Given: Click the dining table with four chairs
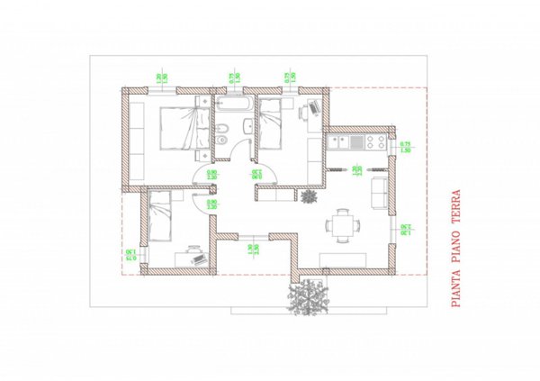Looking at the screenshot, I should coord(341,223).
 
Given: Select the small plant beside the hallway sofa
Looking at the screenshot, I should coord(310,195).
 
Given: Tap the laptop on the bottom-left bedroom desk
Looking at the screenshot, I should coord(194,255).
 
